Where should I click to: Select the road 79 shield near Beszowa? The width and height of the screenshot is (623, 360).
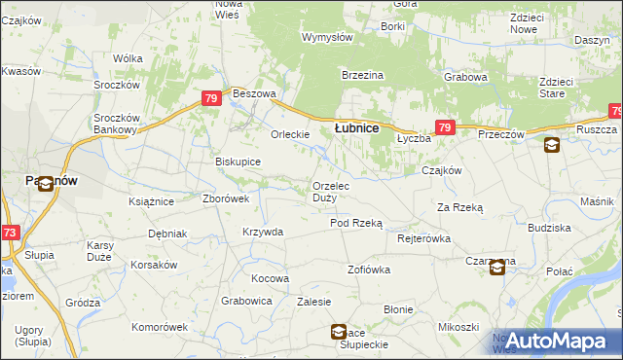click(211, 98)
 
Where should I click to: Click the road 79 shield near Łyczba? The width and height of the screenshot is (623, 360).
click(445, 127)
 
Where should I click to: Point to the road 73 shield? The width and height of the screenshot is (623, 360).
click(10, 233)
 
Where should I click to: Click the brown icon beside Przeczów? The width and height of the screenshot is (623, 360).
click(552, 146)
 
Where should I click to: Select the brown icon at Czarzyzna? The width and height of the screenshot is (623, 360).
click(497, 268)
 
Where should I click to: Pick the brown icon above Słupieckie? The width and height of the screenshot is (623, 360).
click(338, 331)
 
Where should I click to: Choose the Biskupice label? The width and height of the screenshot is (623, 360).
click(238, 162)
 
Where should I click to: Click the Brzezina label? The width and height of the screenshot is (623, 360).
click(362, 75)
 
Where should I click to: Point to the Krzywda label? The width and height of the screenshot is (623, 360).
click(263, 232)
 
